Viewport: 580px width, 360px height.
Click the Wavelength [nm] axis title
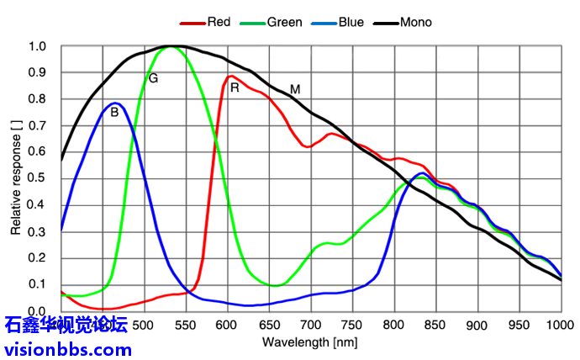coord(310,342)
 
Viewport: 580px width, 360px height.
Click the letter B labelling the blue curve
coord(114,112)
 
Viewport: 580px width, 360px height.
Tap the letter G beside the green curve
coord(153,78)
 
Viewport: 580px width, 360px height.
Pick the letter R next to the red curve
coord(235,87)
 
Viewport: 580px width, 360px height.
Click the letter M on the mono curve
coord(295,88)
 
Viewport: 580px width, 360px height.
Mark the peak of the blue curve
coord(116,103)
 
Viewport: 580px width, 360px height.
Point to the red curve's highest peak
coord(229,77)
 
